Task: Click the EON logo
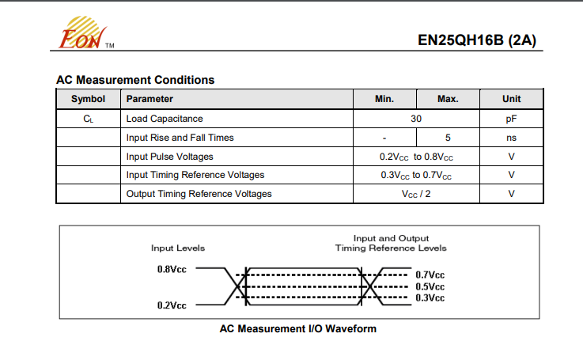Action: [x=86, y=32]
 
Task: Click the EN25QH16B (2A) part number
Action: [x=477, y=40]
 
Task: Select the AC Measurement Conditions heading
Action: [x=135, y=80]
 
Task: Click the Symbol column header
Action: [x=88, y=99]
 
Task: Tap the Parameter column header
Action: [x=150, y=99]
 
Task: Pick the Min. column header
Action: [x=384, y=99]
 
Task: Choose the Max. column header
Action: [x=448, y=99]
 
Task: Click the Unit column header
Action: [x=511, y=99]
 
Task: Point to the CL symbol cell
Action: [x=88, y=119]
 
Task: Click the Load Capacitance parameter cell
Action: [x=165, y=119]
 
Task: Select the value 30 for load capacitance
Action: [x=416, y=119]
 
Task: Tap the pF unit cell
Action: [x=511, y=119]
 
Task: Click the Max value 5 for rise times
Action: [x=448, y=138]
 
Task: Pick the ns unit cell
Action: [x=511, y=138]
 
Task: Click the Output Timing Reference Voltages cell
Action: [x=199, y=194]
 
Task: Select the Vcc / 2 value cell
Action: [x=416, y=194]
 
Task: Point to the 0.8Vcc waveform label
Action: [x=172, y=269]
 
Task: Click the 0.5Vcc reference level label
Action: [x=430, y=286]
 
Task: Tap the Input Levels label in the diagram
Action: [x=178, y=248]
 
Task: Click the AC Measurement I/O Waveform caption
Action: [x=297, y=329]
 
